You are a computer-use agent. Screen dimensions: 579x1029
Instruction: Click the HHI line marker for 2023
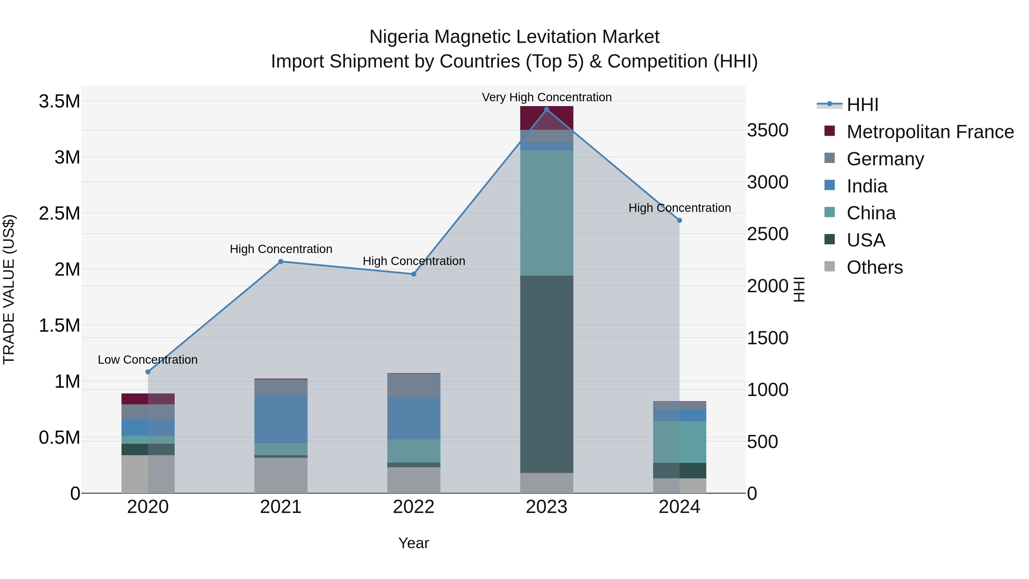[x=547, y=109]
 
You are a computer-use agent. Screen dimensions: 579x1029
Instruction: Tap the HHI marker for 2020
[x=148, y=372]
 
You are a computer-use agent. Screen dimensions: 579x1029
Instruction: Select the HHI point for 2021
[x=281, y=261]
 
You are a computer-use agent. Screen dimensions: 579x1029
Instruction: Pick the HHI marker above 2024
[x=679, y=220]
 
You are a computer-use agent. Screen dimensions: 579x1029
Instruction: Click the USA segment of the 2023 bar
[x=547, y=374]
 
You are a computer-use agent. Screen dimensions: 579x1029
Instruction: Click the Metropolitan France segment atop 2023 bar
[x=547, y=118]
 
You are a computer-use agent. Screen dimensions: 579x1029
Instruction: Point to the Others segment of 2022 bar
[x=414, y=479]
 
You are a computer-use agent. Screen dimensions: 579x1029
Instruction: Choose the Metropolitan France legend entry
[x=930, y=132]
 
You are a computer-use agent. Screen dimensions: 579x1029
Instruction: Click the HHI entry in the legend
[x=862, y=105]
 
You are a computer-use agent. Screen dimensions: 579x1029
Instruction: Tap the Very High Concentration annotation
[x=547, y=97]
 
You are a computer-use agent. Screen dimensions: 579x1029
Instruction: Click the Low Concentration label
[x=147, y=360]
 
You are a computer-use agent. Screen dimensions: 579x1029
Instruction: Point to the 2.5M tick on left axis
[x=59, y=213]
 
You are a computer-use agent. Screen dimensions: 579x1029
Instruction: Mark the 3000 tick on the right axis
[x=767, y=182]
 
